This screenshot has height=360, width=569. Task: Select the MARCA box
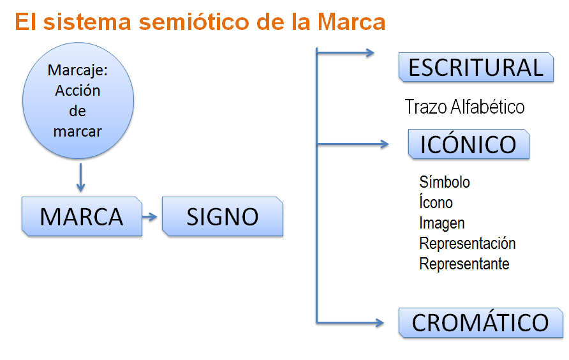pyautogui.click(x=81, y=216)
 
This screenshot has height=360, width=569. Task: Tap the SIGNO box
pyautogui.click(x=222, y=216)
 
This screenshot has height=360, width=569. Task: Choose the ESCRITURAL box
pyautogui.click(x=475, y=67)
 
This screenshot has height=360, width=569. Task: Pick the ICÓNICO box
pyautogui.click(x=468, y=144)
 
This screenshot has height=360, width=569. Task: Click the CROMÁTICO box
pyautogui.click(x=480, y=322)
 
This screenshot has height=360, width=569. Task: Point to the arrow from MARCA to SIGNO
pyautogui.click(x=151, y=216)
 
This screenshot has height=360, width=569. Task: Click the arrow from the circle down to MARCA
pyautogui.click(x=80, y=177)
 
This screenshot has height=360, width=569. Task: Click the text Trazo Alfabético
pyautogui.click(x=464, y=107)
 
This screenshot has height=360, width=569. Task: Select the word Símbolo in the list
pyautogui.click(x=445, y=182)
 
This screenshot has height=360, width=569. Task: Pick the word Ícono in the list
pyautogui.click(x=436, y=202)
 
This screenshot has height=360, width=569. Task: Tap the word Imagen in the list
pyautogui.click(x=441, y=223)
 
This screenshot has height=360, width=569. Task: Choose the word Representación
pyautogui.click(x=467, y=243)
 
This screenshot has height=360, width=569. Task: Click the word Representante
pyautogui.click(x=464, y=264)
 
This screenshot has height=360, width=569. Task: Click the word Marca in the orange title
pyautogui.click(x=351, y=22)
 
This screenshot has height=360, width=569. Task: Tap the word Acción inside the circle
pyautogui.click(x=78, y=91)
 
